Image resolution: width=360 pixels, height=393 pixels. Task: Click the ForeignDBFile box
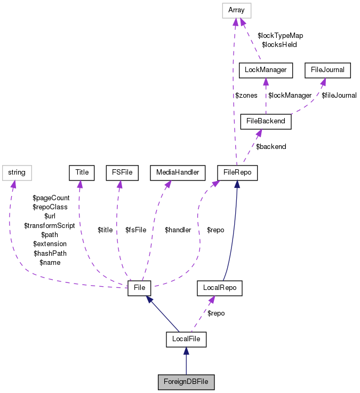tap(186, 382)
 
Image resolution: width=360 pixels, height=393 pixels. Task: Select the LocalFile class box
tap(186, 339)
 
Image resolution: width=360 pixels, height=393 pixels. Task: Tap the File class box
tap(140, 288)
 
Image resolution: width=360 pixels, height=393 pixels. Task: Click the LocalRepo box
tap(220, 288)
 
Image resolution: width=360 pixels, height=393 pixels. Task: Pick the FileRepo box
tap(238, 172)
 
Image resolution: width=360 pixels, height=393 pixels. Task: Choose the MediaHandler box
tap(177, 172)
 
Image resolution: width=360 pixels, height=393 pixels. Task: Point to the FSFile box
tap(122, 172)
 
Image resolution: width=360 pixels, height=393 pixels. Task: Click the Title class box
tap(82, 172)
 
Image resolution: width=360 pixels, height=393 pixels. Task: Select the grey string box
tap(17, 172)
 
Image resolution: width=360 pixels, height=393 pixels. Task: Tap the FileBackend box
tap(266, 121)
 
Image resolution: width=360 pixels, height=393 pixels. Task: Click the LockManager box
tap(266, 69)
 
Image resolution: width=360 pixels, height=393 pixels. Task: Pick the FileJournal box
tap(327, 69)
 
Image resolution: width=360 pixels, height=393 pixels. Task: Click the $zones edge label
tap(246, 96)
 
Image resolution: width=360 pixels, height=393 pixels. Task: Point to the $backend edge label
tap(271, 146)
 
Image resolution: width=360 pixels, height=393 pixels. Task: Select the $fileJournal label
tap(339, 96)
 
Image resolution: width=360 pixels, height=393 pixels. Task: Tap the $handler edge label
tap(178, 230)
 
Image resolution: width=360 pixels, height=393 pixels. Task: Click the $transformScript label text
tap(50, 225)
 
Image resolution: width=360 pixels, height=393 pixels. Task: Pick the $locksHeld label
tap(279, 45)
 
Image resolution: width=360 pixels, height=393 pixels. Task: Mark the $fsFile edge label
tap(135, 230)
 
